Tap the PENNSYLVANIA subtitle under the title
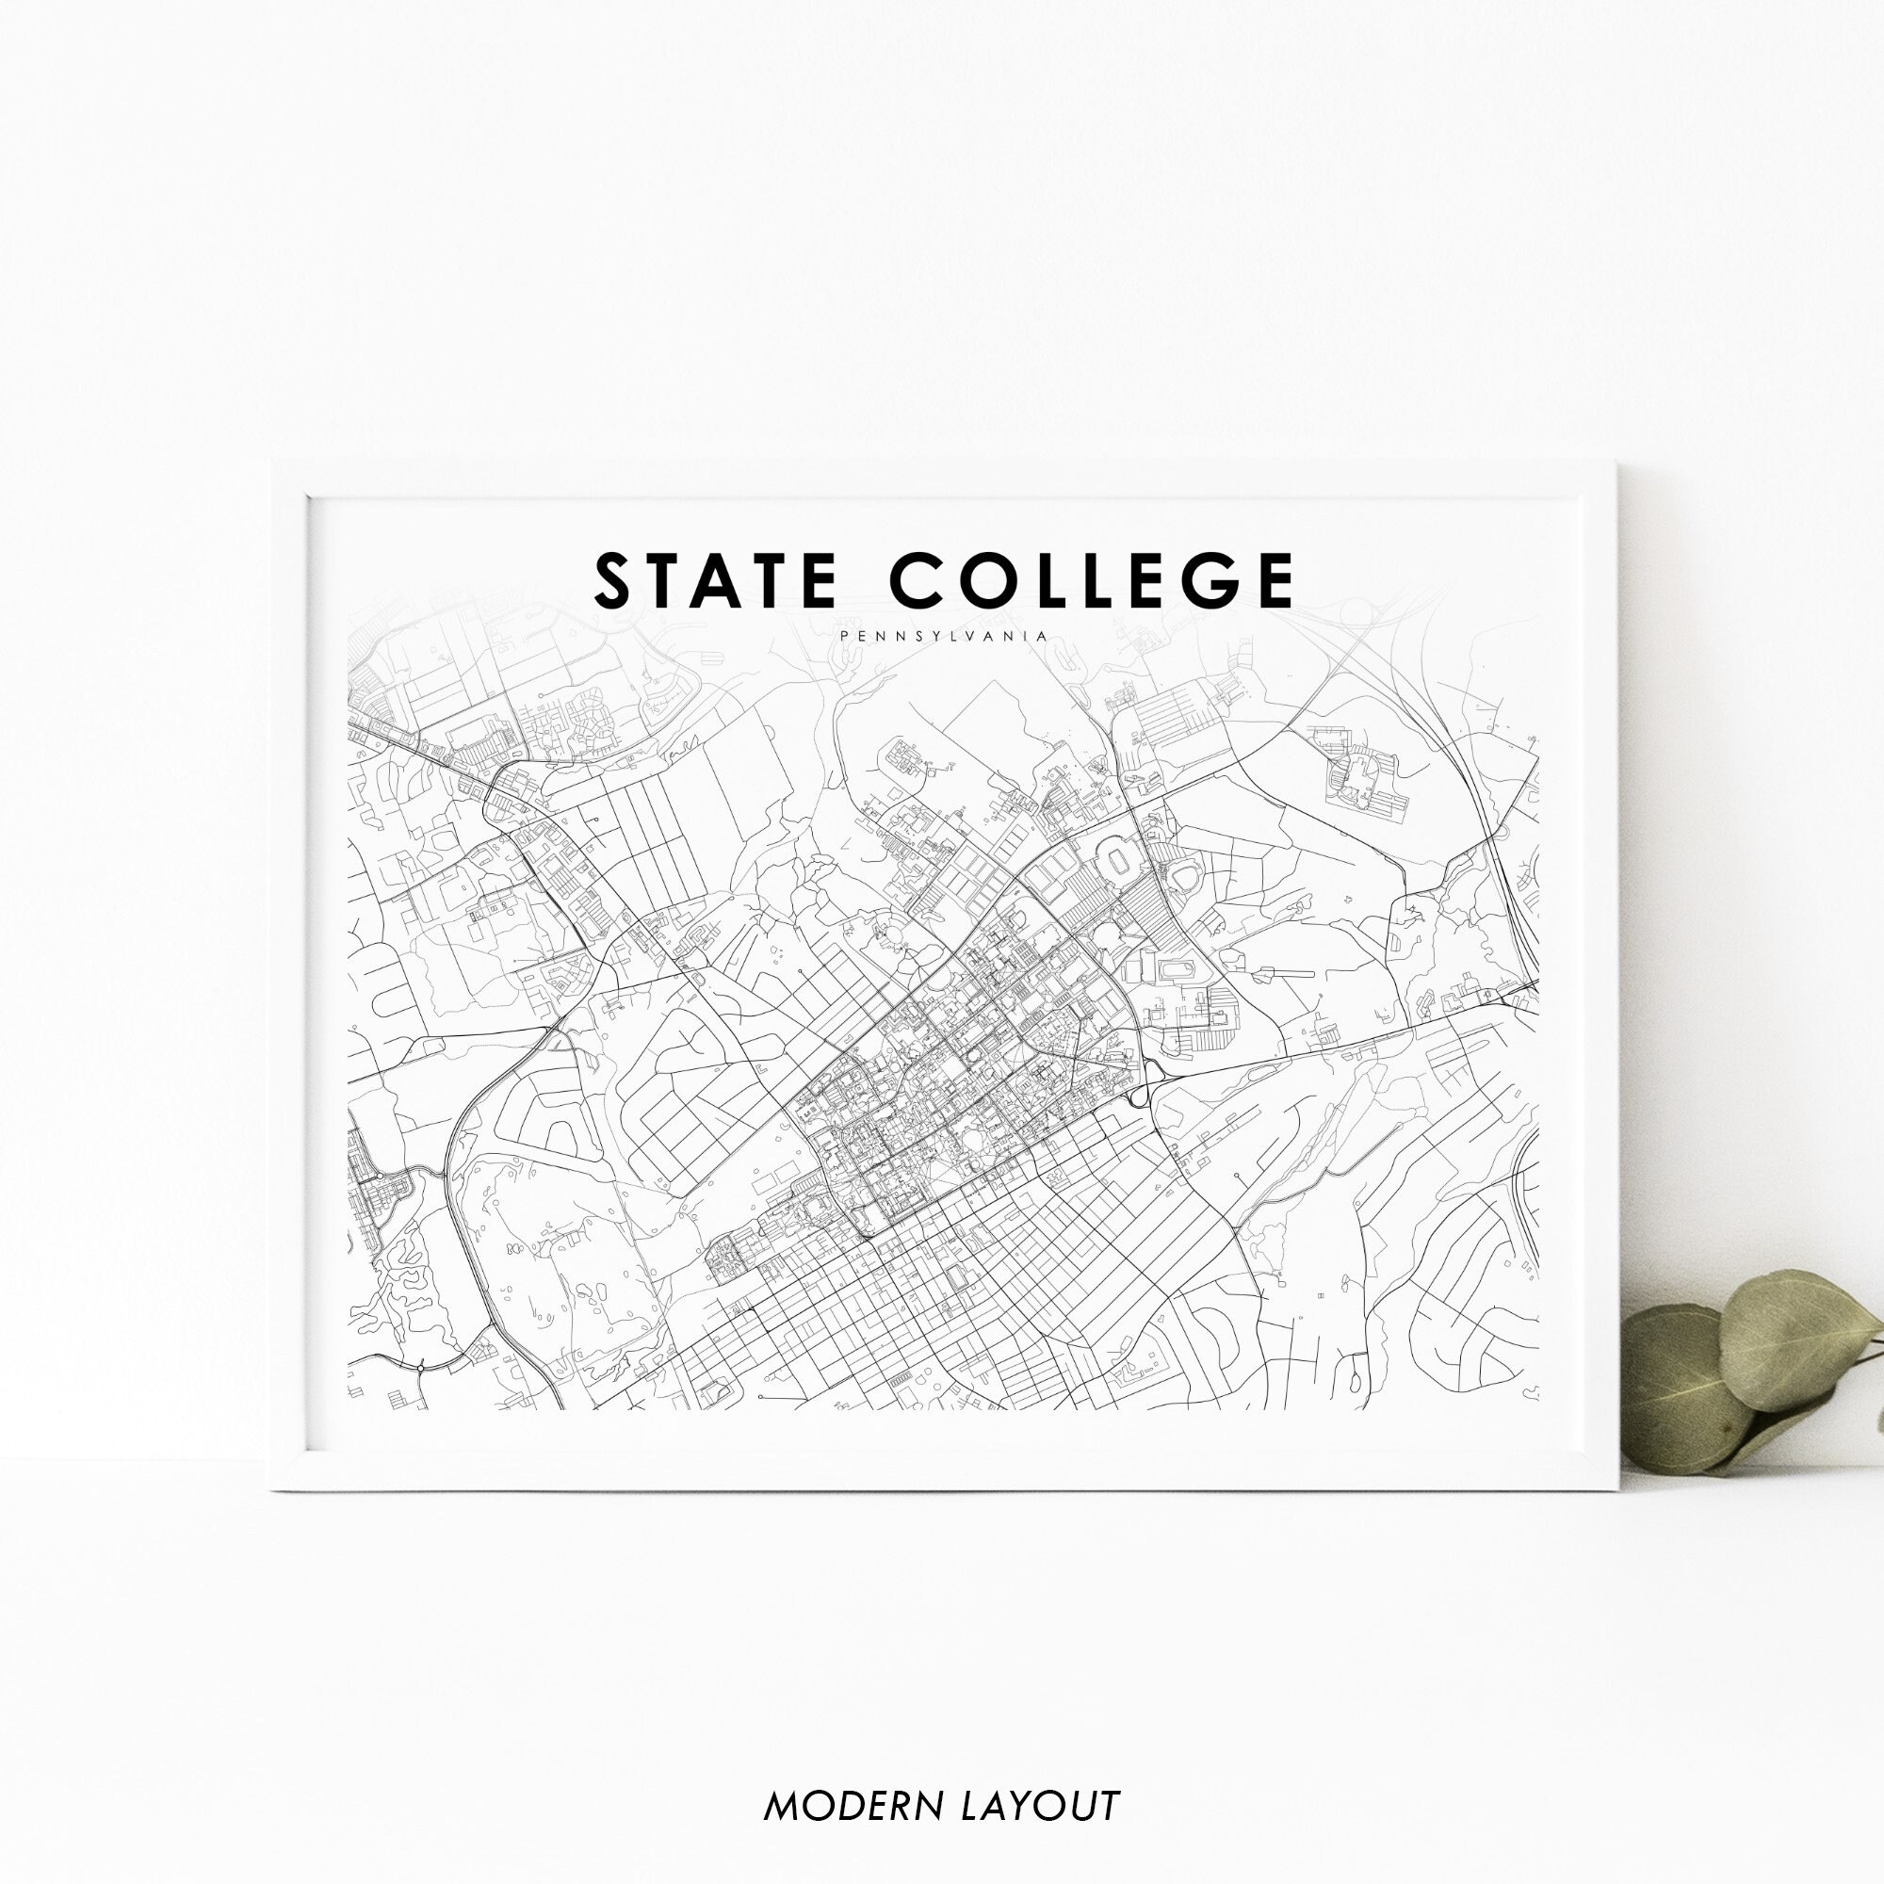pos(942,636)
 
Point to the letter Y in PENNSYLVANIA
pos(918,636)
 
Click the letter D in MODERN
pos(858,1778)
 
